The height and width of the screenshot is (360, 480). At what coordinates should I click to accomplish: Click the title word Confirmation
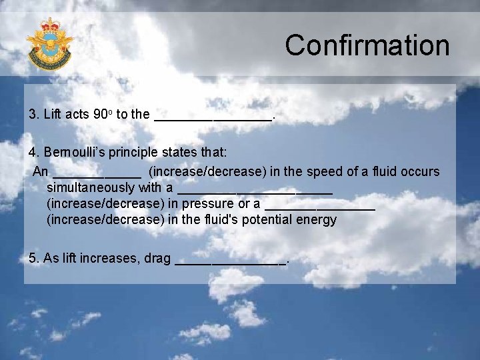367,46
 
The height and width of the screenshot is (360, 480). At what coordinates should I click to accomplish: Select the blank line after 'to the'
213,117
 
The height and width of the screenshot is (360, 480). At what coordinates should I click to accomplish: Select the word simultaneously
91,187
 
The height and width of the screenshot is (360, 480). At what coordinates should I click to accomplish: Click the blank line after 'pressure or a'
320,207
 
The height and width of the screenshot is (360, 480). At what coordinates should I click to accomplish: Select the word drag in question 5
157,259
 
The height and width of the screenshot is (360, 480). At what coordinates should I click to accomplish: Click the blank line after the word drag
230,262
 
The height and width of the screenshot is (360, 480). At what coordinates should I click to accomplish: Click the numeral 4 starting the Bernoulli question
33,153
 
